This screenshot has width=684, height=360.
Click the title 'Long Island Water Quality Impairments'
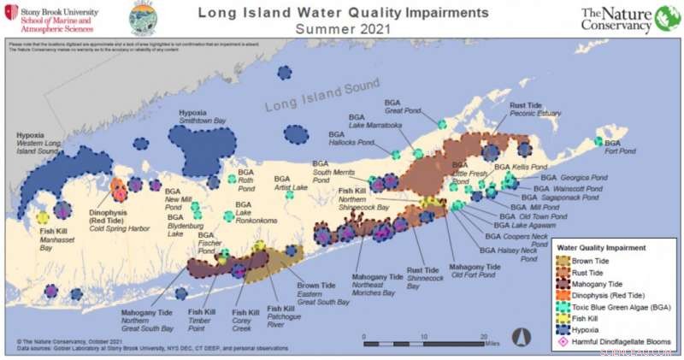click(x=344, y=13)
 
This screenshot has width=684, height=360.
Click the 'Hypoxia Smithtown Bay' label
click(x=202, y=117)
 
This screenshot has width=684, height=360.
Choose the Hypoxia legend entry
click(x=590, y=329)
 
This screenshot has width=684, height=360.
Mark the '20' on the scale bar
click(x=484, y=336)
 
